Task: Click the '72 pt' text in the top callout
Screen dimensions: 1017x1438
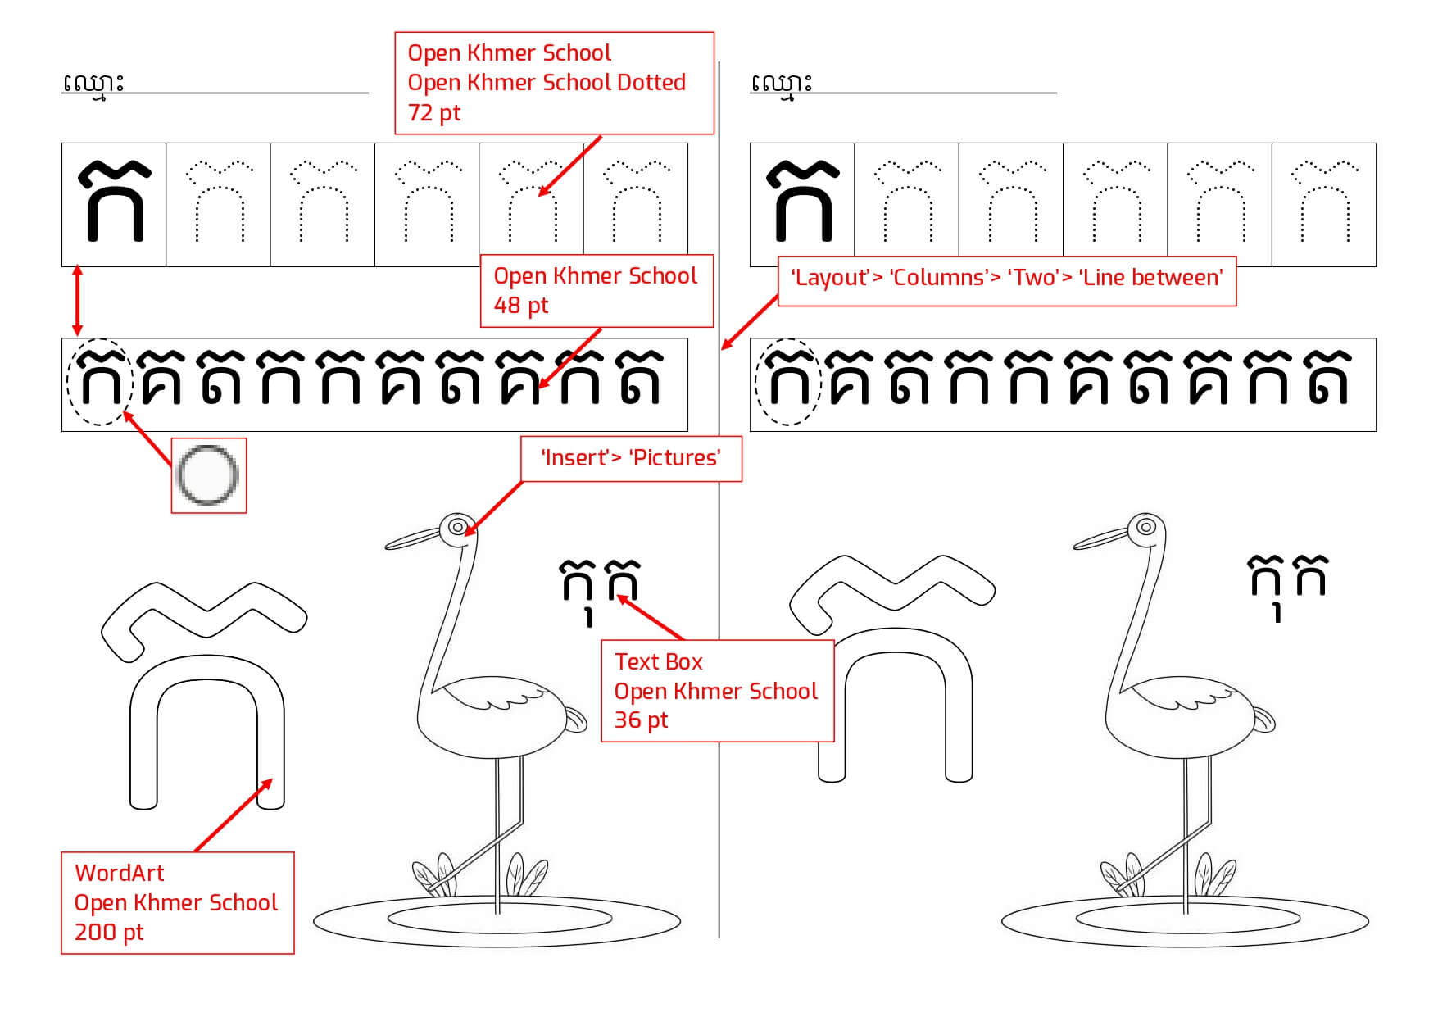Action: click(x=434, y=112)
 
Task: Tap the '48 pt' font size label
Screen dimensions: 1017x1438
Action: click(x=521, y=306)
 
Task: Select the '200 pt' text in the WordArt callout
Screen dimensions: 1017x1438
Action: click(x=109, y=932)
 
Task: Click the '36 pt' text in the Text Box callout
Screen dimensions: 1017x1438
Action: click(x=642, y=720)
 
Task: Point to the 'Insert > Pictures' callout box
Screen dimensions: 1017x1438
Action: click(x=631, y=458)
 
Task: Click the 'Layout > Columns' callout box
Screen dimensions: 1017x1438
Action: click(x=1006, y=278)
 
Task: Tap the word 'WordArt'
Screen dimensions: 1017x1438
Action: click(x=120, y=873)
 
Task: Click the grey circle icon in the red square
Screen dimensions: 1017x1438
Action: click(x=208, y=475)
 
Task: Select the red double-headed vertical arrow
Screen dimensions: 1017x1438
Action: click(x=77, y=300)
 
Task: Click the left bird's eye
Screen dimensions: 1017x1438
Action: click(x=458, y=526)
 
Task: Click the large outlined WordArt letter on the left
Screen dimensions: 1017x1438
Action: click(x=205, y=697)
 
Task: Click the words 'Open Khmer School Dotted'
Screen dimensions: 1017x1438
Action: click(x=547, y=83)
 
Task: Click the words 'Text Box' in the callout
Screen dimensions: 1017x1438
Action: click(x=659, y=661)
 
